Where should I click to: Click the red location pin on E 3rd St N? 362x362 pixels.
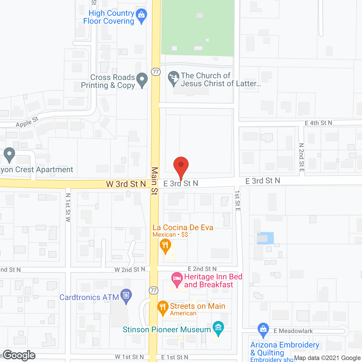point(181,165)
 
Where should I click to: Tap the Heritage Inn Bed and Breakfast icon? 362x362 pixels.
point(177,279)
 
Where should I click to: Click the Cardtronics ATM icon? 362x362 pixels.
point(126,296)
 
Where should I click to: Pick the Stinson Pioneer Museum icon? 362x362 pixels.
point(218,328)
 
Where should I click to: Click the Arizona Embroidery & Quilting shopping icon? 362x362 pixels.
point(263,329)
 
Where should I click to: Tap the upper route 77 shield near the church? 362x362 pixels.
point(156,72)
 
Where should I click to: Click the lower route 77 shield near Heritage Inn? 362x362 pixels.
point(154,290)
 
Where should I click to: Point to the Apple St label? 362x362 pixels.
point(27,122)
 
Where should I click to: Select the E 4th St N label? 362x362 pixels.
point(318,123)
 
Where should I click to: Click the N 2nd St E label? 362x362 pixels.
point(301,157)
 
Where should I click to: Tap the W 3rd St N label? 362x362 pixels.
point(126,184)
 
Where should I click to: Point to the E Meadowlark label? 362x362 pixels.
point(293,331)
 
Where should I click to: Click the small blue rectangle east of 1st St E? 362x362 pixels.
point(265,238)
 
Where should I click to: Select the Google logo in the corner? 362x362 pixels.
point(19,355)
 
